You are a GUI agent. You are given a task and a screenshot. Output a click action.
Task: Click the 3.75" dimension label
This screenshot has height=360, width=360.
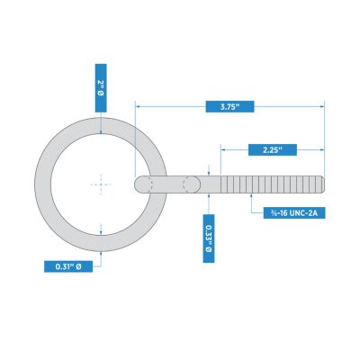tap(229, 106)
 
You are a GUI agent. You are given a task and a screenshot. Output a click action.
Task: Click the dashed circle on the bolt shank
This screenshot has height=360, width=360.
tap(192, 184)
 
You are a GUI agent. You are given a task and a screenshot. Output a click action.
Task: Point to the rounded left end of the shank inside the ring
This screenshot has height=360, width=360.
tap(140, 184)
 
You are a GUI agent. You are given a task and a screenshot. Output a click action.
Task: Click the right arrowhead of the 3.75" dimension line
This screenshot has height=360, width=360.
tap(320, 106)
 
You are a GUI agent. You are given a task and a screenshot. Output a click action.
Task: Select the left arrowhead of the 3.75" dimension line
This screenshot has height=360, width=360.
tap(138, 106)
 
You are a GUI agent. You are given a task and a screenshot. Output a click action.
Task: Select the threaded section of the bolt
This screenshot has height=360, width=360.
tap(270, 184)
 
